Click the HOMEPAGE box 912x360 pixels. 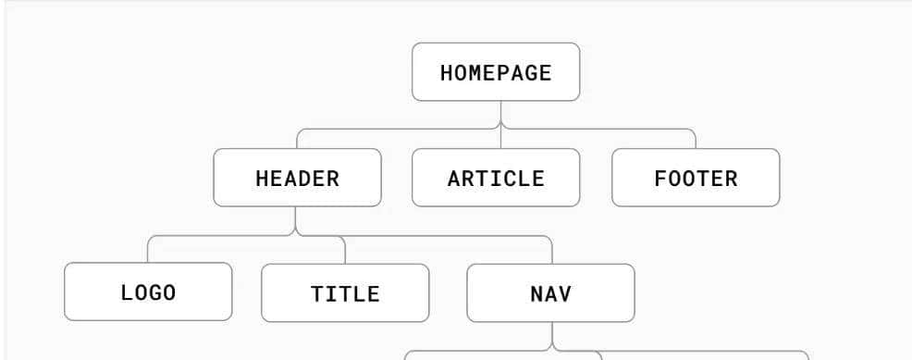click(x=496, y=72)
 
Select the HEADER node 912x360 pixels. click(x=297, y=178)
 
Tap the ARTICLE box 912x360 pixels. click(x=496, y=178)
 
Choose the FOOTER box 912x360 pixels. click(x=696, y=178)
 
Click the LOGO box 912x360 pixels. click(x=148, y=292)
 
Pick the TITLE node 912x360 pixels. click(x=345, y=293)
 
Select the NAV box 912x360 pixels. click(x=550, y=293)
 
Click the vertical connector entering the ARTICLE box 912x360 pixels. click(x=500, y=139)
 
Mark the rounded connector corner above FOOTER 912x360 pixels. click(x=693, y=132)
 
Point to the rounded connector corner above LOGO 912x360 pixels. click(x=151, y=239)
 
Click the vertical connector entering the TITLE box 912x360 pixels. click(x=345, y=251)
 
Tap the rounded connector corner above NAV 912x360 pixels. click(x=549, y=240)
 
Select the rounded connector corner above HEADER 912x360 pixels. click(x=300, y=132)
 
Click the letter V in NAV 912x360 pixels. click(x=565, y=294)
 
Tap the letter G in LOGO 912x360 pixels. click(x=154, y=292)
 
